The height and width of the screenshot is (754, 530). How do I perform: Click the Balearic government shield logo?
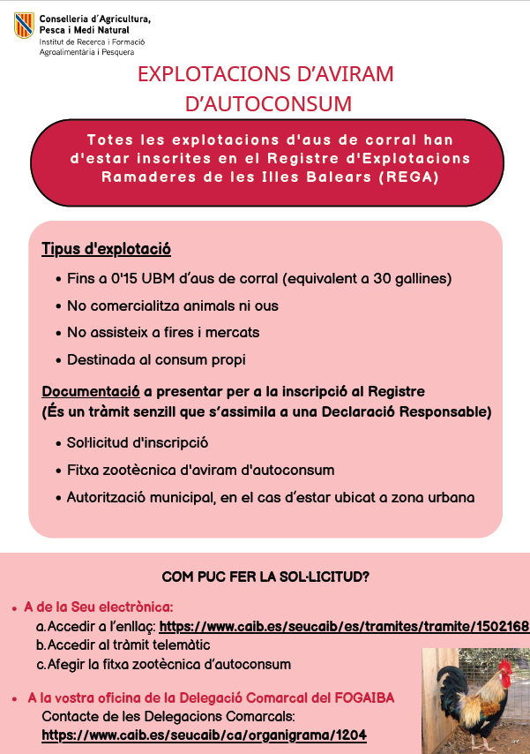(24, 25)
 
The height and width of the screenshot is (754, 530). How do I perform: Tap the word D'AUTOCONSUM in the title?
(268, 103)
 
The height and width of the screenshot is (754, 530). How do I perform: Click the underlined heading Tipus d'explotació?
(106, 249)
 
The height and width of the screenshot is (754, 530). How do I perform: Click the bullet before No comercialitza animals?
(57, 306)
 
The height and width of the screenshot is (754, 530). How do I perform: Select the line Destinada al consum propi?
(156, 359)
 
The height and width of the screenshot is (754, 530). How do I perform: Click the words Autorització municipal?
(140, 497)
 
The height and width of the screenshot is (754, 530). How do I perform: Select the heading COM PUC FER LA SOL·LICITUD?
(265, 577)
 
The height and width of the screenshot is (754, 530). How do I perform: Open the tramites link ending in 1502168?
(344, 626)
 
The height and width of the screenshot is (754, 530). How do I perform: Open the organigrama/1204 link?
(204, 735)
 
